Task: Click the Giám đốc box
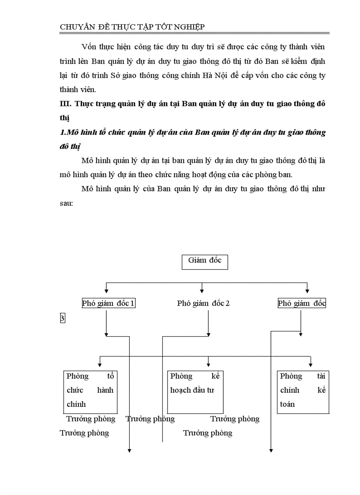click(x=205, y=261)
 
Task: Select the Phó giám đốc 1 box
click(x=108, y=303)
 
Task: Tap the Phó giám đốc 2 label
click(x=203, y=303)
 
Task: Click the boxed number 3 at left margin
click(x=62, y=318)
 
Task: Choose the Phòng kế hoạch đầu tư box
click(x=195, y=391)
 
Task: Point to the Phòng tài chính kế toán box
click(x=303, y=391)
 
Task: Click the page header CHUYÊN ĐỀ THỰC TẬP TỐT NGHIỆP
click(x=132, y=27)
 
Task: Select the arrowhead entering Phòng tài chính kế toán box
click(x=311, y=365)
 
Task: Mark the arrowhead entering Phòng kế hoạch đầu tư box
click(x=208, y=365)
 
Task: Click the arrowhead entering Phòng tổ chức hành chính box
click(x=101, y=365)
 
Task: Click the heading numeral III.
click(x=65, y=104)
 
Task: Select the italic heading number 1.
click(x=62, y=133)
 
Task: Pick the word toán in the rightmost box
click(x=287, y=404)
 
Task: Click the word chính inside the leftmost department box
click(x=76, y=404)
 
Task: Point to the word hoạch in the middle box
click(x=180, y=390)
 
